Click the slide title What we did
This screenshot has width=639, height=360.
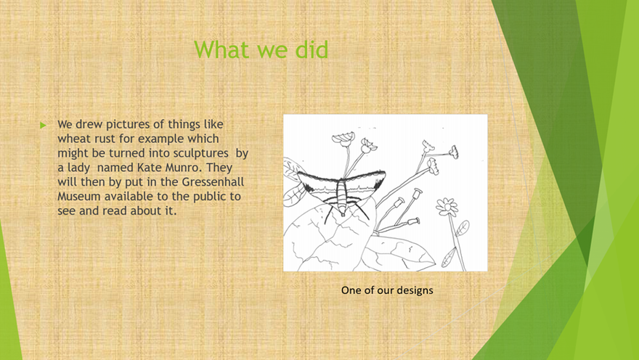(261, 49)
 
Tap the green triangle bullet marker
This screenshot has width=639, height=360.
(43, 126)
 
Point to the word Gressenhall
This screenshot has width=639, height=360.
(213, 181)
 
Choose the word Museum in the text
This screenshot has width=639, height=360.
(79, 196)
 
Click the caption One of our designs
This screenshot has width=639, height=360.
(387, 290)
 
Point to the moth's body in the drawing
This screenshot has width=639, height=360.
(341, 195)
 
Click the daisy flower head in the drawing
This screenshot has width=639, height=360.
(447, 207)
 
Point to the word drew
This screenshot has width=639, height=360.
(89, 124)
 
